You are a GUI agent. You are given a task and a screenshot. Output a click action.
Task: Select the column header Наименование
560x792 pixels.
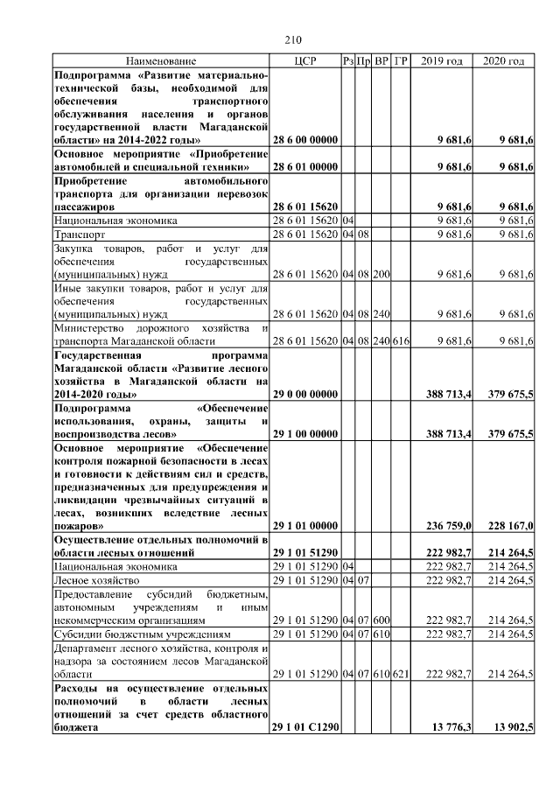pyautogui.click(x=161, y=61)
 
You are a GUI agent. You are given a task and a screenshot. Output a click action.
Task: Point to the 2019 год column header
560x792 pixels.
pyautogui.click(x=442, y=61)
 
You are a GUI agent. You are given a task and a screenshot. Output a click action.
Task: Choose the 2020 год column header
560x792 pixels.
pyautogui.click(x=504, y=61)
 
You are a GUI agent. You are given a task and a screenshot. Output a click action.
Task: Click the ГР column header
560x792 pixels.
pyautogui.click(x=401, y=61)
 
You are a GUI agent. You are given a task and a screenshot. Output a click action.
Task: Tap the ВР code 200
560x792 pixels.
pyautogui.click(x=381, y=274)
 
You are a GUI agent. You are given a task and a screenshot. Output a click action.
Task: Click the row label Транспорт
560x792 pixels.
pyautogui.click(x=80, y=235)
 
